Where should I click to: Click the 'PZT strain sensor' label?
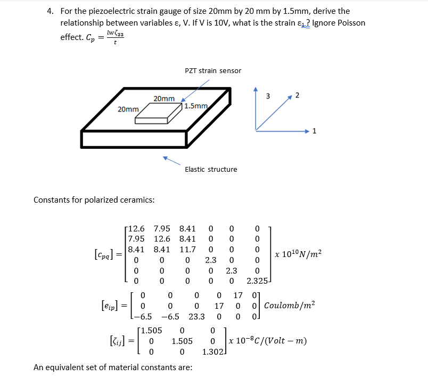pyautogui.click(x=212, y=70)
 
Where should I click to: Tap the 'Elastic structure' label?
pyautogui.click(x=211, y=169)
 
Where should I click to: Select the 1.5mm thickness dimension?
pyautogui.click(x=195, y=106)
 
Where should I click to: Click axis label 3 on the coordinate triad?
pyautogui.click(x=268, y=96)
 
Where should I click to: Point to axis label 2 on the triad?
pyautogui.click(x=297, y=95)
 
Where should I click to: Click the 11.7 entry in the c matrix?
pyautogui.click(x=187, y=249)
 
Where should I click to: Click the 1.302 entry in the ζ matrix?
pyautogui.click(x=213, y=352)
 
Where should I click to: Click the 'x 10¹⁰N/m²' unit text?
pyautogui.click(x=299, y=254)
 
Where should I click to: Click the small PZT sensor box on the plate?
pyautogui.click(x=158, y=113)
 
